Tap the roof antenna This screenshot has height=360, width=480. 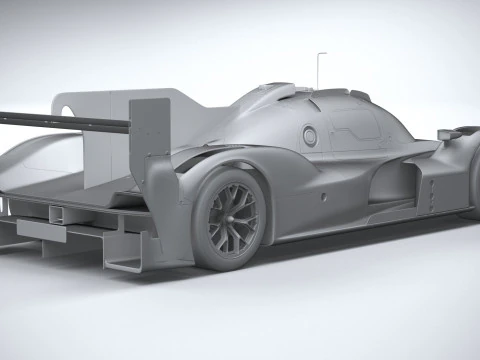pyautogui.click(x=320, y=68)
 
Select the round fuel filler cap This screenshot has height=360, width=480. pyautogui.click(x=310, y=135)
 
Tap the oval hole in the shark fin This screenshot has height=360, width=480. pyautogui.click(x=68, y=107)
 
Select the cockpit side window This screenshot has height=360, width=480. pyautogui.click(x=356, y=123)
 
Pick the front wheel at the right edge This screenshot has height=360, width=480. pyautogui.click(x=471, y=180)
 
